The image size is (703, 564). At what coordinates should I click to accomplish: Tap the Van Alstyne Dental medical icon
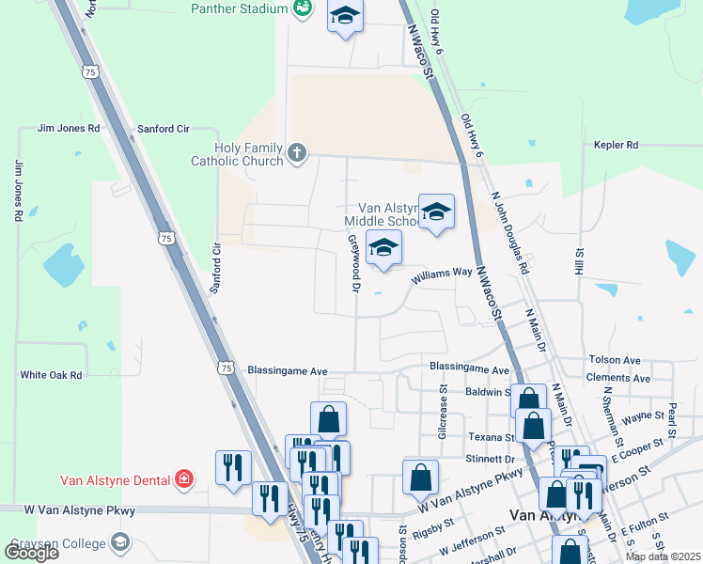point(184,479)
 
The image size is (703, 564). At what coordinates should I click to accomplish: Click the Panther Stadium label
point(239,8)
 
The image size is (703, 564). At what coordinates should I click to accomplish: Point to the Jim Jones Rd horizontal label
point(68,128)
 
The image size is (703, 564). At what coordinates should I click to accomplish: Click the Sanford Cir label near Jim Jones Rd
point(164,128)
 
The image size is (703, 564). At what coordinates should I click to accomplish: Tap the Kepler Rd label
point(616,145)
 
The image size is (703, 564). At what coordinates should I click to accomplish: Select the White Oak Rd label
point(51,374)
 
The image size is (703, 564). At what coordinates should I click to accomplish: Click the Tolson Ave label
point(614,360)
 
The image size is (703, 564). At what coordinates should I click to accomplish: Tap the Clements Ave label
point(617,378)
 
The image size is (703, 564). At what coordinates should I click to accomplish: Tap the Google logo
point(31,552)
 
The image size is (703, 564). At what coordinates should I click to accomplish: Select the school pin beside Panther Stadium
point(345,16)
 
